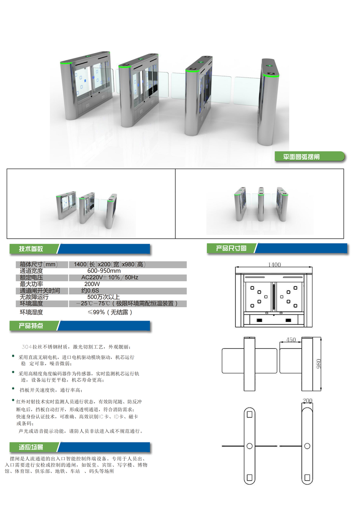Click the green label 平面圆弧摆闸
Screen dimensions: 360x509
tap(301, 157)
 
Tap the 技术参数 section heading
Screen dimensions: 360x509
tap(31, 249)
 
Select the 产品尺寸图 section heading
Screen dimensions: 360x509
tap(231, 248)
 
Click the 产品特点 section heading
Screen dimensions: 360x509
tap(31, 326)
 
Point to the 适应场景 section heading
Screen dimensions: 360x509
tap(31, 447)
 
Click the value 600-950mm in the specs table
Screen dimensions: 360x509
tap(104, 271)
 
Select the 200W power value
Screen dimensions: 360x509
tap(92, 284)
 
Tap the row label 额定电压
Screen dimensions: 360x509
tap(31, 278)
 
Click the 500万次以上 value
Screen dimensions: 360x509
tap(104, 297)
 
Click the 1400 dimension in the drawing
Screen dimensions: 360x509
tap(274, 265)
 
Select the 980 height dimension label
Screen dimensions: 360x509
tap(319, 364)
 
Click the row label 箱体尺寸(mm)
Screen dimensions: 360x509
tap(39, 265)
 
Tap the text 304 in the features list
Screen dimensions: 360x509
tap(27, 347)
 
